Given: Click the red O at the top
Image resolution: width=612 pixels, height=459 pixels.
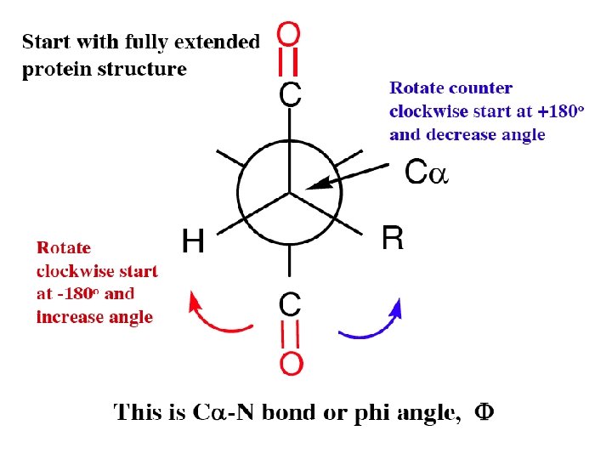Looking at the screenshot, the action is click(x=289, y=36).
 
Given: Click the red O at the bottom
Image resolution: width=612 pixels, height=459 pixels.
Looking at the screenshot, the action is click(x=290, y=364).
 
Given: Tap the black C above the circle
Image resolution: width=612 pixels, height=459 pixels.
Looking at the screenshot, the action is click(x=289, y=94).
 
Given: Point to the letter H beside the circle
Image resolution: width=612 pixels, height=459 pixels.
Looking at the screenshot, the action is click(x=194, y=241).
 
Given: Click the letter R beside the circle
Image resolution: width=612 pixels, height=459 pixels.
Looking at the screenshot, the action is click(x=392, y=239).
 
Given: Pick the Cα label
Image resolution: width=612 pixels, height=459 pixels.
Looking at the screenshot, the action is click(x=426, y=173).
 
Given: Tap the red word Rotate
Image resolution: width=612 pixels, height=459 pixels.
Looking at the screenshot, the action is click(x=63, y=248).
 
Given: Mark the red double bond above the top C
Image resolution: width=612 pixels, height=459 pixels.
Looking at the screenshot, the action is click(x=289, y=63).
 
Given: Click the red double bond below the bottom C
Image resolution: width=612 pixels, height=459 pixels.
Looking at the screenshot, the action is click(x=290, y=334).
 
